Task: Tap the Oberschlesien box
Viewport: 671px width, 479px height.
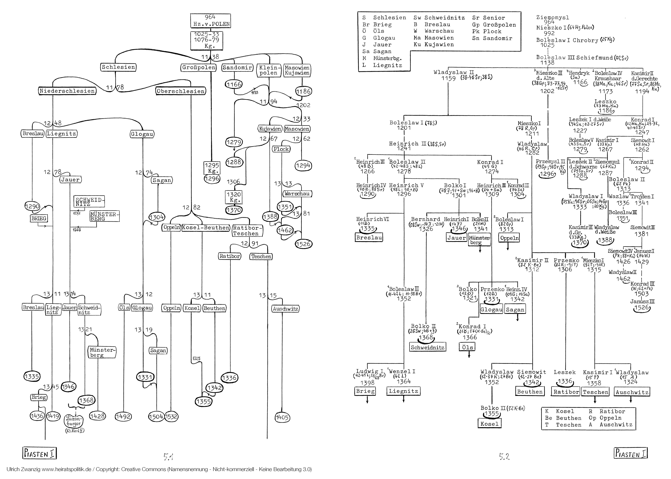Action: tap(180, 91)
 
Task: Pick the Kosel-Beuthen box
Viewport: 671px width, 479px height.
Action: tap(206, 228)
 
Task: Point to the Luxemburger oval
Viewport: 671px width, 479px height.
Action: tap(74, 421)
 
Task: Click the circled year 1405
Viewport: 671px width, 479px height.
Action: tap(282, 417)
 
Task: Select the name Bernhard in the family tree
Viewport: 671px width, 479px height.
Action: tap(425, 219)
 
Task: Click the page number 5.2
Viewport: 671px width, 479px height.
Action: tap(504, 457)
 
